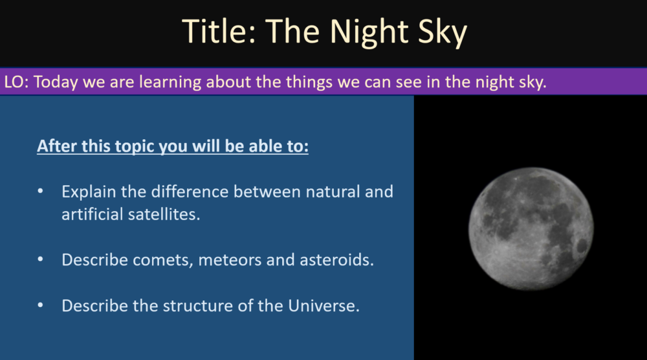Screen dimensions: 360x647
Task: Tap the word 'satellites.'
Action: click(164, 214)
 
